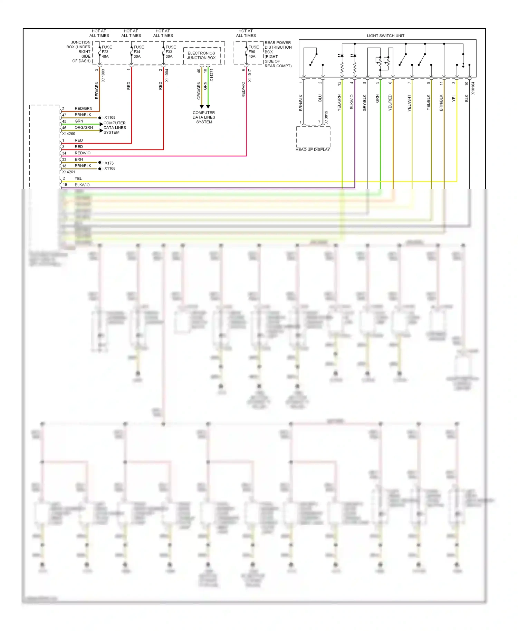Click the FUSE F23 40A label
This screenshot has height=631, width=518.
coord(106,52)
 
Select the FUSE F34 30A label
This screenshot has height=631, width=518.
coord(138,52)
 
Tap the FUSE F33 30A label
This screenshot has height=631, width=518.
coord(171,52)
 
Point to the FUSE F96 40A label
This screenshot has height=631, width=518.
coord(253,52)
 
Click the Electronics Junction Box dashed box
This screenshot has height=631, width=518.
coord(202,56)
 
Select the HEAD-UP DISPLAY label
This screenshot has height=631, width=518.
coord(313,149)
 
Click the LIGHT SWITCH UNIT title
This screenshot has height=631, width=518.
coord(385,36)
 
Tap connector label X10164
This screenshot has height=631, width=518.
coord(473,88)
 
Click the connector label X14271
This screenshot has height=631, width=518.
coord(211,75)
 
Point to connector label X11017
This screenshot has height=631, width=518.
coord(250,75)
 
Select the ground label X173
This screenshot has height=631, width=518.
coord(109,163)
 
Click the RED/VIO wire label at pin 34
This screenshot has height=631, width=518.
coord(83,153)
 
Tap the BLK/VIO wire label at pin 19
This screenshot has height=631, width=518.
coord(82,185)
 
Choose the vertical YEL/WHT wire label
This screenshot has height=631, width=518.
coord(409,103)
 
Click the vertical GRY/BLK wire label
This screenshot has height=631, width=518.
coord(364,103)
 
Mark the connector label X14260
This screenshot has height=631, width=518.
coord(68,134)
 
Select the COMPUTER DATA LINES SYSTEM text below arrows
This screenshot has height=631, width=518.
coord(204,117)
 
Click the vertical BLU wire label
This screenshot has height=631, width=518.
coord(320,98)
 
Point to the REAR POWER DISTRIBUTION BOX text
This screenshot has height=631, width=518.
coord(278,54)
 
